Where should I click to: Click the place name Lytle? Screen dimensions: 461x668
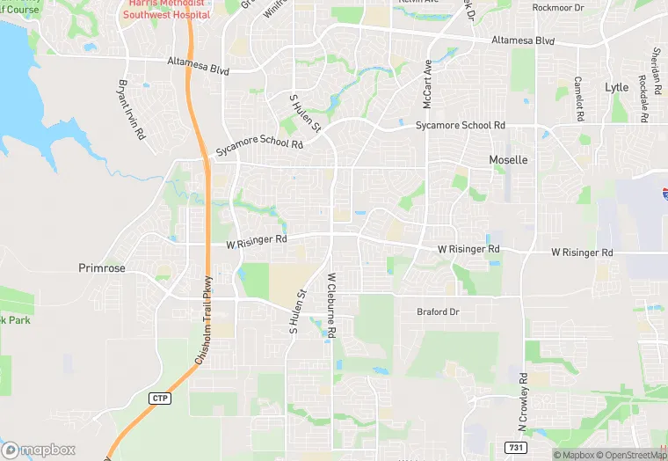617,87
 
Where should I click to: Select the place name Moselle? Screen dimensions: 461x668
508,160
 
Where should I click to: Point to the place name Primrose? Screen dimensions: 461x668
102,268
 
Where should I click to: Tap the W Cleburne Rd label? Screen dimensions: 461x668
332,307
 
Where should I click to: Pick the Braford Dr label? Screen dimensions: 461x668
438,312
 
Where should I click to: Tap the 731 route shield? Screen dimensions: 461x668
522,447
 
